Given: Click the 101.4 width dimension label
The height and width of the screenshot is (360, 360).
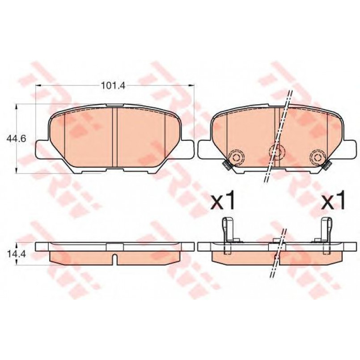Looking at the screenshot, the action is coord(113,85).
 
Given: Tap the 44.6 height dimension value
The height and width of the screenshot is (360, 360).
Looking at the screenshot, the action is coord(16,139).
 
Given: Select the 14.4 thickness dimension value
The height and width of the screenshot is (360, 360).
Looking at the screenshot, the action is coord(16,254).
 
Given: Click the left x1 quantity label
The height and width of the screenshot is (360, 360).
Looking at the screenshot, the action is coord(222,200).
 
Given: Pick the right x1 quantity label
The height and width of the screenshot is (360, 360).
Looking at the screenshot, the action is coord(333,200).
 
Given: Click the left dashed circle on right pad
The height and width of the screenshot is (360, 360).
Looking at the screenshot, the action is coord(236,157).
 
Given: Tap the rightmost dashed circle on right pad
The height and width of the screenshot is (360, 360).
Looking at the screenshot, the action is coord(318,157).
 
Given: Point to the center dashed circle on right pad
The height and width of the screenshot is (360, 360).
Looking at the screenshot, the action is coord(277,152).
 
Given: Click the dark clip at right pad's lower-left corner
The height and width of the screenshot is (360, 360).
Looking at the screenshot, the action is coord(226,165).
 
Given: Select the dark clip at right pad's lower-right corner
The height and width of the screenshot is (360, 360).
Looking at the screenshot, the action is coord(327,165).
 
